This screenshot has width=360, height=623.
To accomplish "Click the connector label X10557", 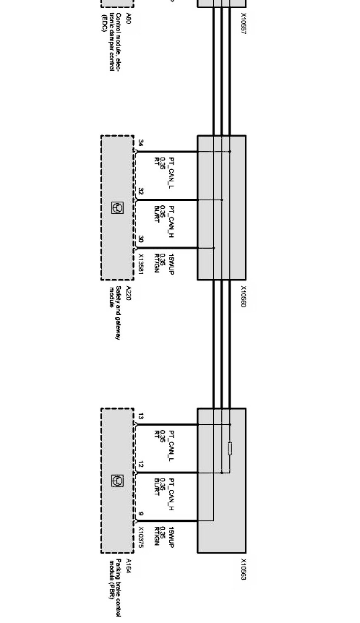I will tap(243, 23).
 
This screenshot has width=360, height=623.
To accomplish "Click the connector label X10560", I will tap(243, 296).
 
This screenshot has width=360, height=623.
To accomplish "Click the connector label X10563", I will tap(243, 569).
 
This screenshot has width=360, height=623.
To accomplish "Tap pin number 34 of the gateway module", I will tap(141, 143).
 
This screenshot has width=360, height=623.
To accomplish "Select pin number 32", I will tap(141, 191).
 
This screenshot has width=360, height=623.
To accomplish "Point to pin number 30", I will tap(141, 239).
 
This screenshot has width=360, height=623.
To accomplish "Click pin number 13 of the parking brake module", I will tap(141, 416).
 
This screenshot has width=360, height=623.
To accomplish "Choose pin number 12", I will tap(141, 465).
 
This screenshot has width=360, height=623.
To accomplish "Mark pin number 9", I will tap(141, 514).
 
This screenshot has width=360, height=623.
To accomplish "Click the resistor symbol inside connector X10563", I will tap(230, 449).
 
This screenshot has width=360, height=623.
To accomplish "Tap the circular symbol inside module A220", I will tap(117, 208).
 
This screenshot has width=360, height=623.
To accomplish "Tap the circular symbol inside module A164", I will tap(117, 480).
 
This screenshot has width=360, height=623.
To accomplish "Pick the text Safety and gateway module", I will tap(114, 313).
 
